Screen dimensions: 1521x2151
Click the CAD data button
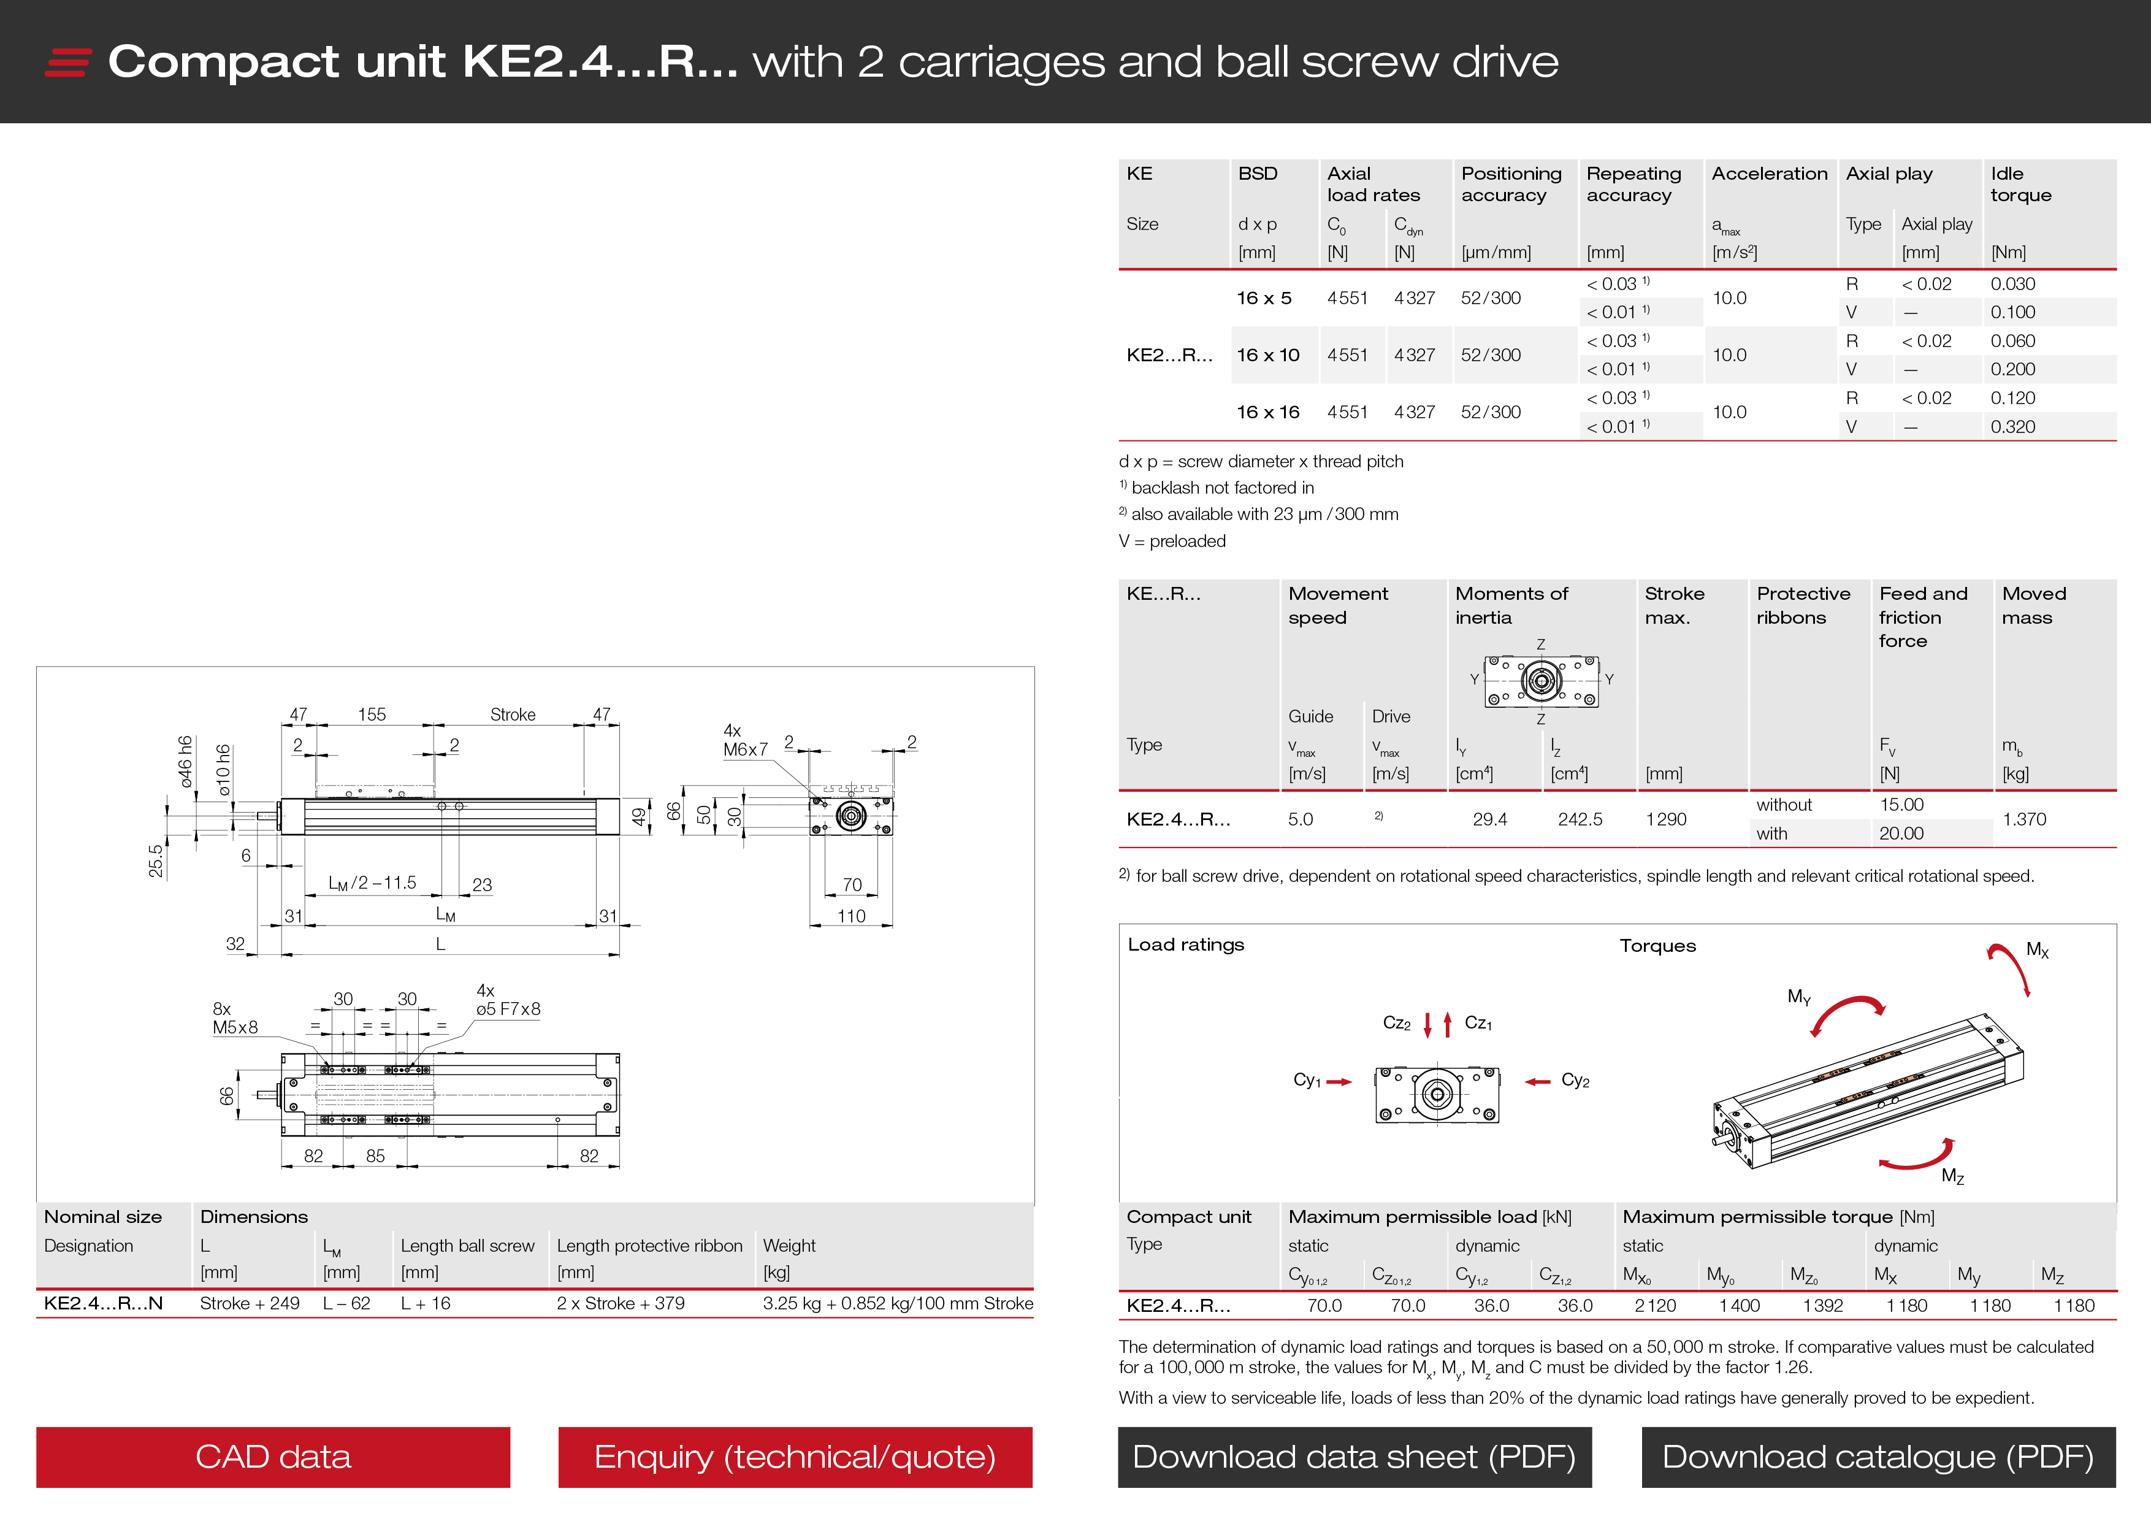click(273, 1457)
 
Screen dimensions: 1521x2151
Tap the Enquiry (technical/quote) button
click(795, 1457)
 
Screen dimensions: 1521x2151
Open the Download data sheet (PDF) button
click(1354, 1457)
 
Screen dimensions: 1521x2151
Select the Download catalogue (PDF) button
click(1878, 1457)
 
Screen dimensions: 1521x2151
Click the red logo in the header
click(67, 62)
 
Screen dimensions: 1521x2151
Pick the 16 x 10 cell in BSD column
click(1267, 355)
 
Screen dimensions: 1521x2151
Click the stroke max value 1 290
click(1666, 819)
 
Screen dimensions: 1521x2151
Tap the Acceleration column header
click(1769, 174)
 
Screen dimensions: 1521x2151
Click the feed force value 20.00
click(1901, 833)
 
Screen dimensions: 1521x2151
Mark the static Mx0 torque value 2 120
click(1654, 1306)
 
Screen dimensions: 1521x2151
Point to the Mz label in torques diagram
click(1952, 1176)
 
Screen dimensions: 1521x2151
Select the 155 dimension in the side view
click(372, 714)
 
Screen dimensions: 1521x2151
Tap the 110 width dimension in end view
click(850, 916)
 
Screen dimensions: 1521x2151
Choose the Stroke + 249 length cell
click(249, 1303)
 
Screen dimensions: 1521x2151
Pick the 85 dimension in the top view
click(375, 1155)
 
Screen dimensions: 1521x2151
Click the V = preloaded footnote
click(1171, 541)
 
